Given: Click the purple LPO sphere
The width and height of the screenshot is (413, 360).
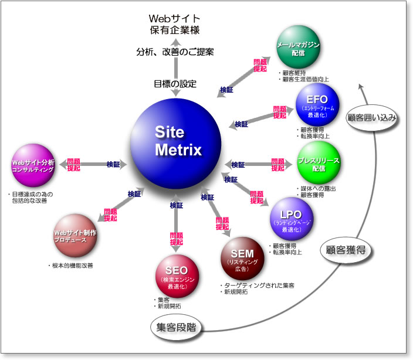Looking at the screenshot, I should pos(292,217).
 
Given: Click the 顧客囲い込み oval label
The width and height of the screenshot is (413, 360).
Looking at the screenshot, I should pos(373,117).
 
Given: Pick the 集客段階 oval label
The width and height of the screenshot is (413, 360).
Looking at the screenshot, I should pos(175,328).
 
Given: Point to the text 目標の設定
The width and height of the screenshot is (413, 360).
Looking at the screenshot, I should pos(175,83).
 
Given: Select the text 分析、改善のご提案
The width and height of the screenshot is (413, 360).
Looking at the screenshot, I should pos(175,52).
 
